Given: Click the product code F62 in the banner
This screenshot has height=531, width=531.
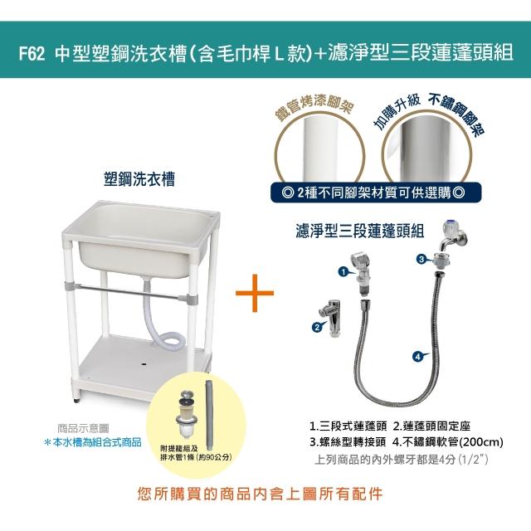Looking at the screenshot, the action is tap(32, 53).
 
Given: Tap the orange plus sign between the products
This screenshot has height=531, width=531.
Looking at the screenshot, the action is tap(255, 293).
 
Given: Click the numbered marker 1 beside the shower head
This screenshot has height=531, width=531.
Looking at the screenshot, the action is tap(343, 271).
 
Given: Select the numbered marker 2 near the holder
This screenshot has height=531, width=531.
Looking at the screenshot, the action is tap(317, 327).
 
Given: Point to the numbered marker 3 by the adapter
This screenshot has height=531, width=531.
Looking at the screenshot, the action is tap(421, 260).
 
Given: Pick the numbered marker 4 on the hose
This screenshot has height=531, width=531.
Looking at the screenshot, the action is tap(418, 356).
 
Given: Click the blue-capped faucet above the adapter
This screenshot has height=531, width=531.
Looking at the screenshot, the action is tap(454, 236).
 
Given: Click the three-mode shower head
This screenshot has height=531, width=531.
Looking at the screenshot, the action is tap(362, 274).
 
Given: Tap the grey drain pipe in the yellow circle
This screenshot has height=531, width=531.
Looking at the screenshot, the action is tap(210, 411).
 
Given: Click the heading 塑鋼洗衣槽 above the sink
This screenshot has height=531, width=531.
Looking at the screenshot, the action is tap(139, 179).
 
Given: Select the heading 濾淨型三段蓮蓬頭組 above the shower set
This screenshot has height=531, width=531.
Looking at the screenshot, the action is tap(359, 231).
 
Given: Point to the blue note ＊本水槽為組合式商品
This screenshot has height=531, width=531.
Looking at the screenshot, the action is tap(93, 442).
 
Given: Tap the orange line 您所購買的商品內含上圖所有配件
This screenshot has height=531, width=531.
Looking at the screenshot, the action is tap(260, 494).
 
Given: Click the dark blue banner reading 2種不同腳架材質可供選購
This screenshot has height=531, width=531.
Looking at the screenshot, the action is tap(376, 192).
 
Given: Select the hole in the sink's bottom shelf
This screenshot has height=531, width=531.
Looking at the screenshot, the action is tap(144, 365).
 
